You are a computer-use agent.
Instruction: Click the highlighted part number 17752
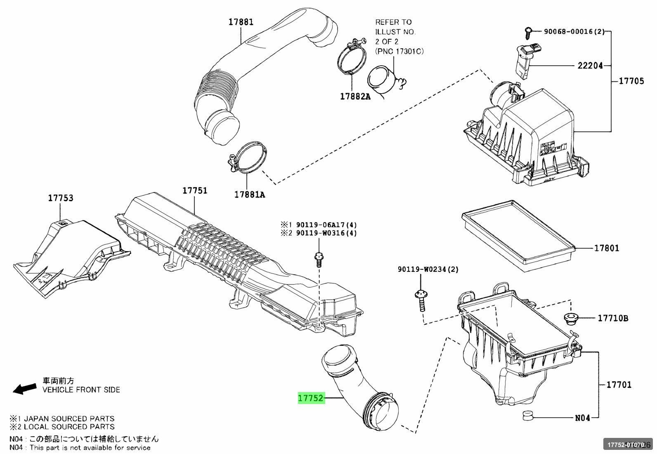[x=311, y=398]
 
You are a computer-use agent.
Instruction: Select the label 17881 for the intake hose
[x=241, y=22]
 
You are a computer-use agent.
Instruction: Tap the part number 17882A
[x=355, y=97]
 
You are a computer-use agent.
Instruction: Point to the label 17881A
[x=250, y=195]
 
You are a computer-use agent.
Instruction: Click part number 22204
[x=590, y=65]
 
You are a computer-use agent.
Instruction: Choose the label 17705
[x=631, y=81]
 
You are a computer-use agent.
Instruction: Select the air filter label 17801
[x=606, y=248]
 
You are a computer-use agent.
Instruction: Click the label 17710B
[x=613, y=318]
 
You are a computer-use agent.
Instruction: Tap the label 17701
[x=619, y=385]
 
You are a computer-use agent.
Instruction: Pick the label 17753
[x=61, y=198]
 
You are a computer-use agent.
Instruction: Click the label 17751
[x=195, y=190]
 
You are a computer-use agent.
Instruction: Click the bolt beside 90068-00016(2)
[x=528, y=31]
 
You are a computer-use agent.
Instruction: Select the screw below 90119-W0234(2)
[x=421, y=301]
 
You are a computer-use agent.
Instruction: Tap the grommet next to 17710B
[x=570, y=319]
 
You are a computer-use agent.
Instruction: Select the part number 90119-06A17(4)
[x=326, y=225]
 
